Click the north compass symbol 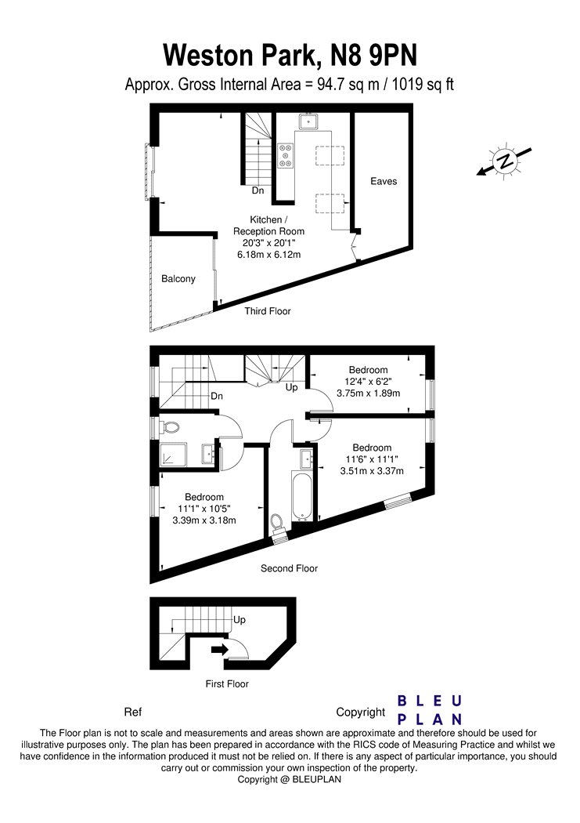(x=505, y=161)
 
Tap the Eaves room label (x=384, y=181)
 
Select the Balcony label (x=178, y=279)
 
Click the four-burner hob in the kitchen (x=286, y=155)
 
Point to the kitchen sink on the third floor (x=308, y=122)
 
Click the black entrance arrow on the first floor (x=219, y=649)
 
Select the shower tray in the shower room (x=174, y=455)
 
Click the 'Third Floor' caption (x=267, y=311)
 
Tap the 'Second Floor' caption (x=289, y=568)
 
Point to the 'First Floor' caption (x=227, y=684)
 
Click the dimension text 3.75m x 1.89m (x=369, y=393)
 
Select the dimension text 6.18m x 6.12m (x=268, y=255)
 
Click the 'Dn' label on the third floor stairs (x=258, y=190)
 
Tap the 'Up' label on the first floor (x=240, y=620)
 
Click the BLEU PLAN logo (x=430, y=710)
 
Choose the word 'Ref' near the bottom (x=133, y=712)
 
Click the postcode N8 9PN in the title (x=373, y=55)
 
